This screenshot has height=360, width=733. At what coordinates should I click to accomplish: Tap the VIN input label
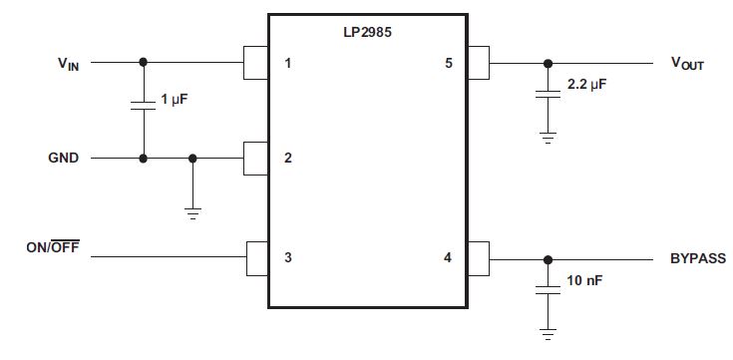pos(70,64)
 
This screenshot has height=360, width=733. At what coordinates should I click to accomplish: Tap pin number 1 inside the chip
pos(287,64)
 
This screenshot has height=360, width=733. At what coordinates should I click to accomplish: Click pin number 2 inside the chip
pos(287,159)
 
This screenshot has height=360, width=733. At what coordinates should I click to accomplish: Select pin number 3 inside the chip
pos(287,257)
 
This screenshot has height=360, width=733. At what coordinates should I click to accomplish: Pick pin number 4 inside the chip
pos(448,257)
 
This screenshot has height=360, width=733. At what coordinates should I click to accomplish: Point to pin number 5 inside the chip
pos(448,64)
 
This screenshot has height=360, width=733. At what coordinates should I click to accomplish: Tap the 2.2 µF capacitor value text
pos(586,86)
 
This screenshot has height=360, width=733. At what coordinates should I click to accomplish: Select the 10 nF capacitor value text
pos(584,281)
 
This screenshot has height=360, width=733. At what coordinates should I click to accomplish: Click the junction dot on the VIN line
pos(143,62)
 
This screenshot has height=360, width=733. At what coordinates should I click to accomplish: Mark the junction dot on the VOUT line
pos(547,64)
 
